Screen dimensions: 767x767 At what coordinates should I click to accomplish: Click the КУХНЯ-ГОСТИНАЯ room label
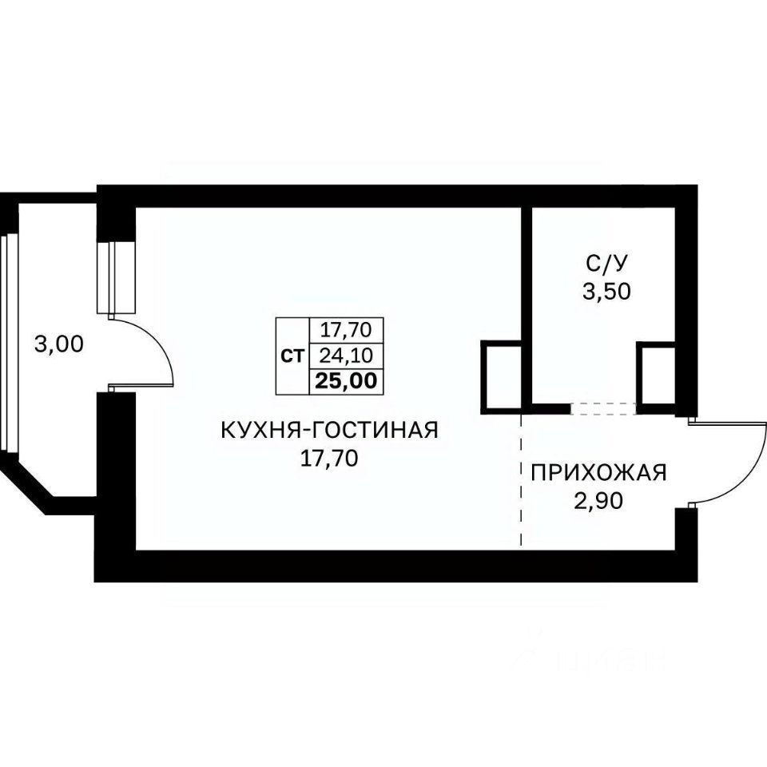(x=330, y=431)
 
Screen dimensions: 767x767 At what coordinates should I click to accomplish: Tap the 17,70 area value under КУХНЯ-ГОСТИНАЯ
(x=329, y=459)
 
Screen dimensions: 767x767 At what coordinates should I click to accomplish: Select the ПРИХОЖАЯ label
(x=599, y=473)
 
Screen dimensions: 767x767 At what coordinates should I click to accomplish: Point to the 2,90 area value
(x=598, y=501)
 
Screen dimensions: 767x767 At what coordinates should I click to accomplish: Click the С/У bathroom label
(x=606, y=264)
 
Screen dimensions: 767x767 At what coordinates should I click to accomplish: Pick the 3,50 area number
(x=606, y=292)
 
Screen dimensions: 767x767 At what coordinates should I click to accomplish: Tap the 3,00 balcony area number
(x=59, y=344)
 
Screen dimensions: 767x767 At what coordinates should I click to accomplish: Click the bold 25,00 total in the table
(x=346, y=380)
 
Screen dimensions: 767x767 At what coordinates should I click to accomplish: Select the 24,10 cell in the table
(x=346, y=356)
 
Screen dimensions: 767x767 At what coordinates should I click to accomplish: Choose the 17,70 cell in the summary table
(x=346, y=330)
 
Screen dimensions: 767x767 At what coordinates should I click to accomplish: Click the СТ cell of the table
(x=292, y=356)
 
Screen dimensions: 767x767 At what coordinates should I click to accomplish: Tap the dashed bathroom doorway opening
(x=603, y=408)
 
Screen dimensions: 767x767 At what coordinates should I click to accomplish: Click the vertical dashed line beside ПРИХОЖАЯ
(x=522, y=479)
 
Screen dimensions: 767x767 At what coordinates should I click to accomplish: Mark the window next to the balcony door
(x=116, y=277)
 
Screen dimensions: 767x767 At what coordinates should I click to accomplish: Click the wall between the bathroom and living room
(x=527, y=308)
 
